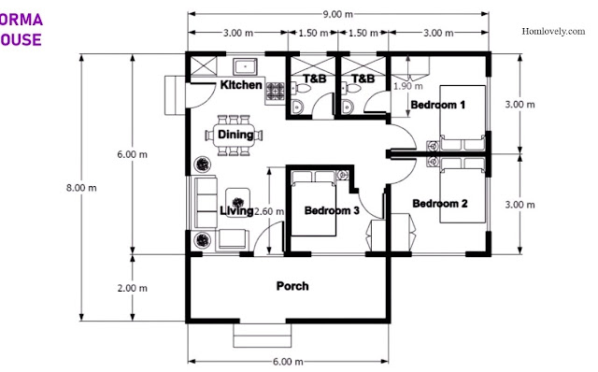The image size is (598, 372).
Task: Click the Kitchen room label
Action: [241, 85]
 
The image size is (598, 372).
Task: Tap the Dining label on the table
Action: [235, 135]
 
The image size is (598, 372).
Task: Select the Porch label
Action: [292, 286]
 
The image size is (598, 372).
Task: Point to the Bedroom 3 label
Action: [332, 210]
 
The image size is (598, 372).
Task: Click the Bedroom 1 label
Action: [438, 105]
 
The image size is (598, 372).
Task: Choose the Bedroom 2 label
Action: [440, 204]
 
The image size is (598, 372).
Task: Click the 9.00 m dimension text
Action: [338, 15]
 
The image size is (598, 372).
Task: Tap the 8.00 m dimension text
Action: [81, 188]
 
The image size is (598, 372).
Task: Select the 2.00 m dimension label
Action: [132, 289]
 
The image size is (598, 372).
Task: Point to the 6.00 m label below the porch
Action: [288, 362]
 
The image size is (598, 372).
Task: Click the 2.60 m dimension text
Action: [269, 211]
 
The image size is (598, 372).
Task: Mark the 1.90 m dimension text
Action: [408, 86]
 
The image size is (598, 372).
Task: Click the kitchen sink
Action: [245, 66]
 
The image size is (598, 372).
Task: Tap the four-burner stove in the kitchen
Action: [275, 92]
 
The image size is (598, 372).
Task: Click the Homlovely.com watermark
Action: [553, 31]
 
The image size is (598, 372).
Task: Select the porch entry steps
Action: [262, 336]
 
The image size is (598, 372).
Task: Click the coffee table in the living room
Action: [237, 203]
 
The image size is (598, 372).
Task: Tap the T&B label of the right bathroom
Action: [363, 79]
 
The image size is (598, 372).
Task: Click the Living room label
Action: [236, 210]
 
